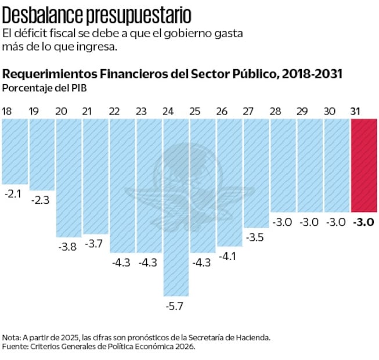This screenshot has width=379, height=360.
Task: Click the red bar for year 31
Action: [x=364, y=165]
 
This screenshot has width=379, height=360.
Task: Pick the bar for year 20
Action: [x=68, y=177]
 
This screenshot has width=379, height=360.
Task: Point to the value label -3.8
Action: [x=67, y=246]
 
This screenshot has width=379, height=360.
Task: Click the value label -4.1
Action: [x=229, y=255]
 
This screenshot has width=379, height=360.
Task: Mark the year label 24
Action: [x=168, y=111]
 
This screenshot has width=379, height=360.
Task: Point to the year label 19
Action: [x=33, y=111]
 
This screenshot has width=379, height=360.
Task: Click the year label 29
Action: [x=302, y=111]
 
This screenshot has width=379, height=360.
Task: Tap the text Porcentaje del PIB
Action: [x=38, y=88]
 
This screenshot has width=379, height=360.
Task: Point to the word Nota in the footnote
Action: [x=11, y=337]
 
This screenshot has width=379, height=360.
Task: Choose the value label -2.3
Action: [x=40, y=200]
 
